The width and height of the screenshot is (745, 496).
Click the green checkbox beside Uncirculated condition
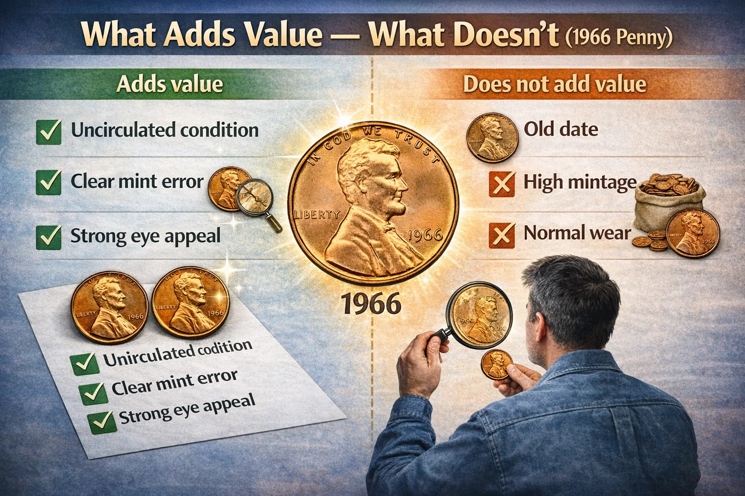[x=49, y=132]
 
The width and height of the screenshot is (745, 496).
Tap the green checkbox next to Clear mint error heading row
[x=49, y=183]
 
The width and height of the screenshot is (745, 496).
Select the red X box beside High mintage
[x=502, y=184]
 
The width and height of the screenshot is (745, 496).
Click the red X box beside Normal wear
[x=502, y=234]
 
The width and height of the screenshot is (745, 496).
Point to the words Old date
[x=561, y=129]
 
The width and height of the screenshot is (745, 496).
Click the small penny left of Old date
[x=492, y=137]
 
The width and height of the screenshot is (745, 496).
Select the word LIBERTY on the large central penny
[x=317, y=214]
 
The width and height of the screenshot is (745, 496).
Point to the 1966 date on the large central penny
[x=425, y=235]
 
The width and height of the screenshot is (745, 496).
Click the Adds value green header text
[x=170, y=84]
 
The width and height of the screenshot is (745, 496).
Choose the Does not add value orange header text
[x=554, y=84]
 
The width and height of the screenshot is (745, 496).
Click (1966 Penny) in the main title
[x=619, y=38]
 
